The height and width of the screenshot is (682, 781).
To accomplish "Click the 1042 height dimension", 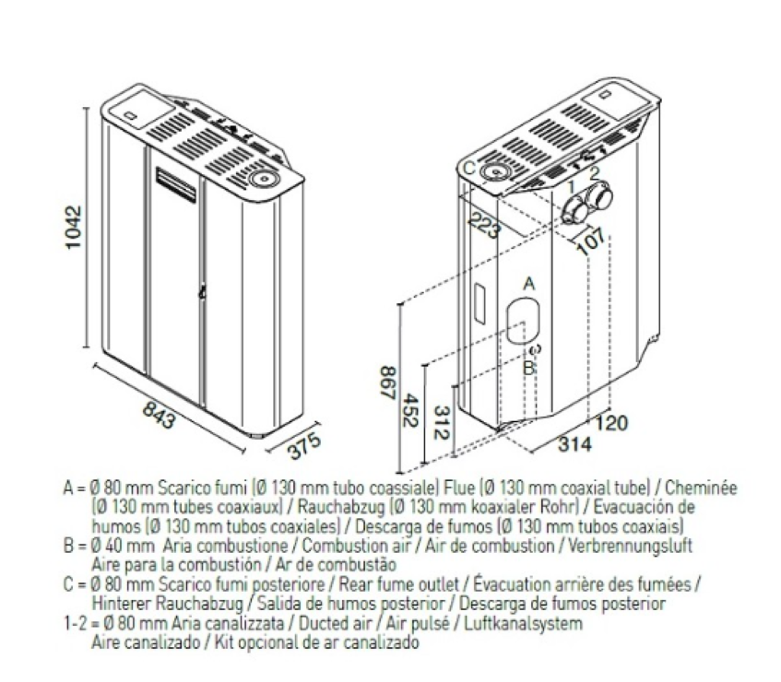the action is click(74, 227).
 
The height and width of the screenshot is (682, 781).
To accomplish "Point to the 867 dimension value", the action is click(388, 382).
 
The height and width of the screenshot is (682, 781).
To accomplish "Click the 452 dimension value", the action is click(410, 410).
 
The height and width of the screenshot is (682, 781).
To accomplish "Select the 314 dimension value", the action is click(574, 443).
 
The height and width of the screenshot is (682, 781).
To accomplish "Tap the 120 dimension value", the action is click(611, 423).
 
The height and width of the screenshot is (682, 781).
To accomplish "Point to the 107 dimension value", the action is click(592, 242).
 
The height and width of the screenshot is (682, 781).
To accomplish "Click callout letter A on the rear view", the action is click(529, 284).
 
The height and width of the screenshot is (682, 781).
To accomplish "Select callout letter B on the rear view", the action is click(528, 369).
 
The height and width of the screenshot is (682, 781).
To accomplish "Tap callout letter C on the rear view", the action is click(468, 169).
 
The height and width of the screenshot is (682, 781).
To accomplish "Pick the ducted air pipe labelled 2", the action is click(599, 196).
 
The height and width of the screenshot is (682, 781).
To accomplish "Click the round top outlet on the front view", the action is click(265, 177).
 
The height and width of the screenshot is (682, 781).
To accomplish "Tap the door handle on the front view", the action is click(202, 293).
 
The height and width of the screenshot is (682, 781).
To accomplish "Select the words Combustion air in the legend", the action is click(357, 547).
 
